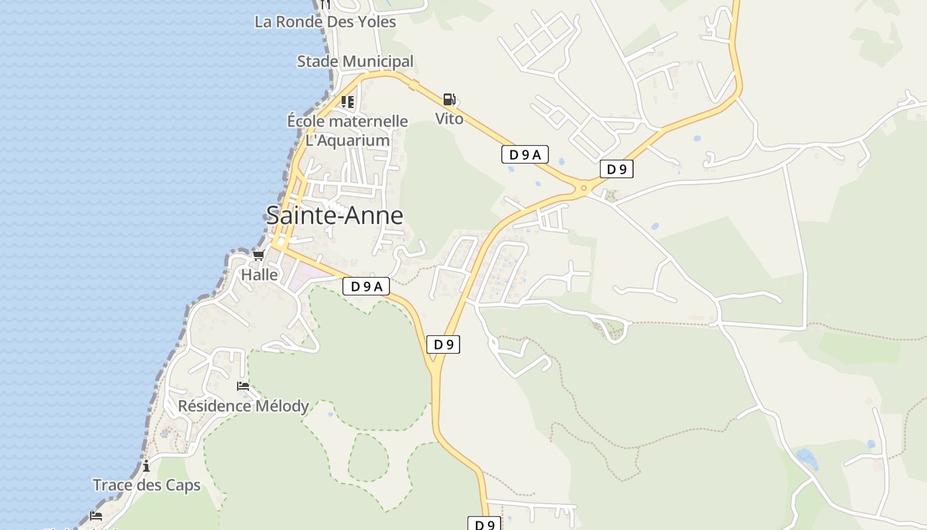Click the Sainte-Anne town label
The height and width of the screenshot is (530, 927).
(334, 215)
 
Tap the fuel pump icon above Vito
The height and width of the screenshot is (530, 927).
(449, 100)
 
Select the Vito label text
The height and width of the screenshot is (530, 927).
(449, 119)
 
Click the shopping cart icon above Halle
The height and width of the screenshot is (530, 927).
(259, 255)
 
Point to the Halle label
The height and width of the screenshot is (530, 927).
(260, 274)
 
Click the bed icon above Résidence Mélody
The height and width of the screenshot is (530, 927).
(243, 386)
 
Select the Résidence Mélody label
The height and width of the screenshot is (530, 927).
(243, 405)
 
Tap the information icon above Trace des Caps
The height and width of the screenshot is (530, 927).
(146, 466)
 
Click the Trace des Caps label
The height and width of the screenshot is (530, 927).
(146, 485)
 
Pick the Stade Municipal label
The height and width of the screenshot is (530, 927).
(355, 62)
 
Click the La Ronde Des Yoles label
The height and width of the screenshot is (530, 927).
(325, 22)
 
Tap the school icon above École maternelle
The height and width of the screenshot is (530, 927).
(348, 102)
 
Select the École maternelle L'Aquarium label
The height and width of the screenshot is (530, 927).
(348, 131)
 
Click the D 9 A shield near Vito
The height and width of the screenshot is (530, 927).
(524, 155)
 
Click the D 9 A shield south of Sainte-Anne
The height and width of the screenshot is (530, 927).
(366, 286)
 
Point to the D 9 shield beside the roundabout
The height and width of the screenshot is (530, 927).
(616, 169)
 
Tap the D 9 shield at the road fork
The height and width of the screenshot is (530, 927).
(443, 344)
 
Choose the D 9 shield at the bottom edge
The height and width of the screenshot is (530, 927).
(485, 524)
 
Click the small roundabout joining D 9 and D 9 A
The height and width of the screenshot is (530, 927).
(583, 188)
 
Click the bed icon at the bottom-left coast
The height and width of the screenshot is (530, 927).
(97, 516)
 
